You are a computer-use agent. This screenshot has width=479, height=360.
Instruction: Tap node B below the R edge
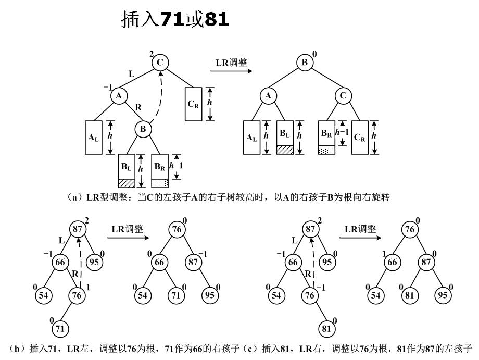pos(143,128)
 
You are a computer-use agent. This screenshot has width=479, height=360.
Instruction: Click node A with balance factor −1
pos(119,95)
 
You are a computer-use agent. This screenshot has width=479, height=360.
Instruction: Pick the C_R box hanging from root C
pos(193,104)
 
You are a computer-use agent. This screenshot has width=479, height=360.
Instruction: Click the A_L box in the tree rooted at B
pos(252,138)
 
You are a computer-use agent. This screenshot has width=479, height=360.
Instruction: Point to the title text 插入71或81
pos(175,20)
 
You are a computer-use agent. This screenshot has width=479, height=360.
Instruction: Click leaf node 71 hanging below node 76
pos(61,328)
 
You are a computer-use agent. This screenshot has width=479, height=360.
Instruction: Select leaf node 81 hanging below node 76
pos(327,328)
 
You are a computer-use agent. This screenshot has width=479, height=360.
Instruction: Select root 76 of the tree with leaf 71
pos(177,229)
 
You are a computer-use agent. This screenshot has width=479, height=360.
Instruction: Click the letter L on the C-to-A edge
pos(131,75)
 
